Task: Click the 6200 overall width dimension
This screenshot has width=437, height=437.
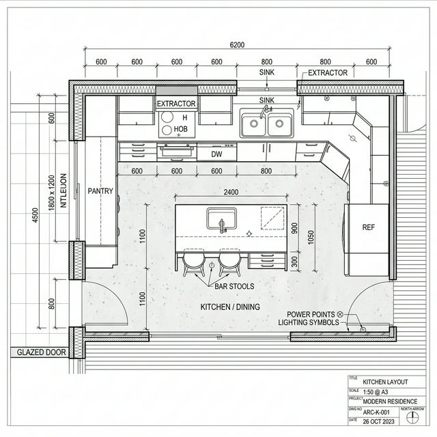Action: pyautogui.click(x=237, y=45)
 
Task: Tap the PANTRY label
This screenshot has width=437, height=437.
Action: pyautogui.click(x=100, y=191)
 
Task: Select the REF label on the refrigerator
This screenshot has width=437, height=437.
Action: pyautogui.click(x=369, y=227)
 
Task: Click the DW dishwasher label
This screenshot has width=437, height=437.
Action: pyautogui.click(x=216, y=155)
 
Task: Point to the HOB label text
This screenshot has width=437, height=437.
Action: pyautogui.click(x=181, y=128)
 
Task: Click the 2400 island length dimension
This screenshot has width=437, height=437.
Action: pyautogui.click(x=231, y=193)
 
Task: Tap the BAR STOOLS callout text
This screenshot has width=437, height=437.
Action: pyautogui.click(x=234, y=285)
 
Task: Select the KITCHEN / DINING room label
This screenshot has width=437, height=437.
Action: pyautogui.click(x=229, y=307)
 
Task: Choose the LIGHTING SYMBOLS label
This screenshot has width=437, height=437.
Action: pyautogui.click(x=308, y=322)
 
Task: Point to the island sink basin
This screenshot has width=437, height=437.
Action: pyautogui.click(x=221, y=219)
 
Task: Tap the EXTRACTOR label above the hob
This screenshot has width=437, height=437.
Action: pyautogui.click(x=176, y=104)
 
